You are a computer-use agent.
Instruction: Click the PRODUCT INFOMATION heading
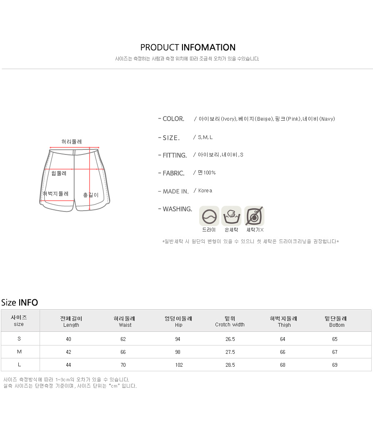(x=188, y=47)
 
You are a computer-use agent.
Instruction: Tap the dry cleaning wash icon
(x=209, y=216)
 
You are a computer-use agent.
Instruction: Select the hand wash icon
(x=231, y=216)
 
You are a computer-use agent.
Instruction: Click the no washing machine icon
(x=254, y=216)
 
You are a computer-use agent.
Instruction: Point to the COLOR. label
(x=173, y=119)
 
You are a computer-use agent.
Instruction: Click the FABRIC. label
(x=173, y=173)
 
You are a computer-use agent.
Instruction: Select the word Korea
(x=205, y=191)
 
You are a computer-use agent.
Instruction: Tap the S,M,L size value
(x=205, y=137)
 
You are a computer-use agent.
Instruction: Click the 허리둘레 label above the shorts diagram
(x=72, y=142)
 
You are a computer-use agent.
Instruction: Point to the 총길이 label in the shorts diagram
(x=91, y=195)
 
